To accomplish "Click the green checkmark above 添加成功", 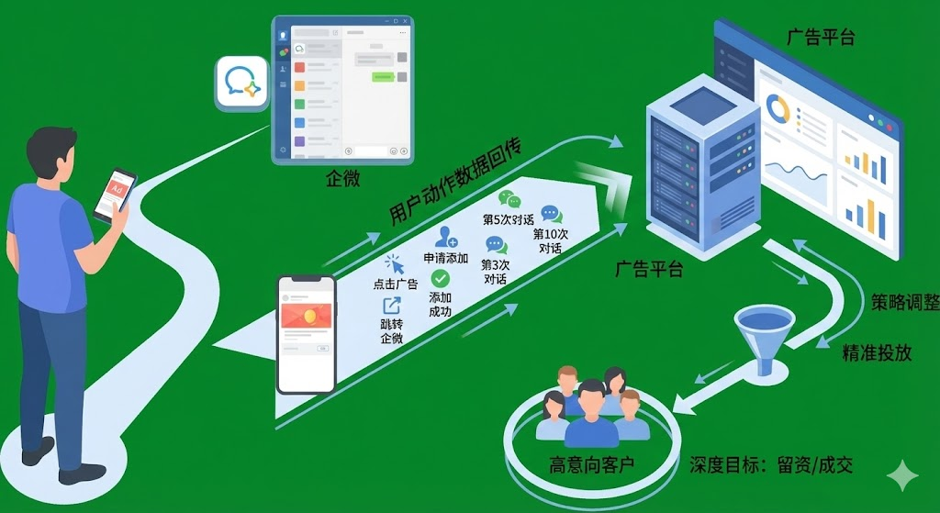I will coord(441,278).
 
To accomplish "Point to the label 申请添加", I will coord(446,258).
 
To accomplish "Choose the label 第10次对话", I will coord(551,240).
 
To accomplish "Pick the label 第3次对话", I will coord(497,272).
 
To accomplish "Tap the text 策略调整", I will coord(903,303).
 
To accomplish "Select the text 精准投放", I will coord(877,352).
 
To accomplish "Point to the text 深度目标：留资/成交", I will coord(771,464).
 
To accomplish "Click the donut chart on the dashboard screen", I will coord(779,110).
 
